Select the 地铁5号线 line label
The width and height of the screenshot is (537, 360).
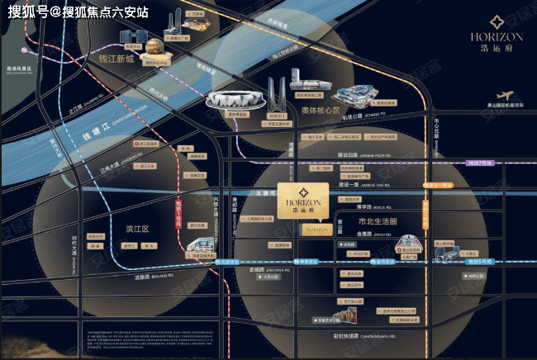coord(478,261)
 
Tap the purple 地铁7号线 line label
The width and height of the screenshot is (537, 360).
coord(479,163)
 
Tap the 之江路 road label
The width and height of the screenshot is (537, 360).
coord(78,107)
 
